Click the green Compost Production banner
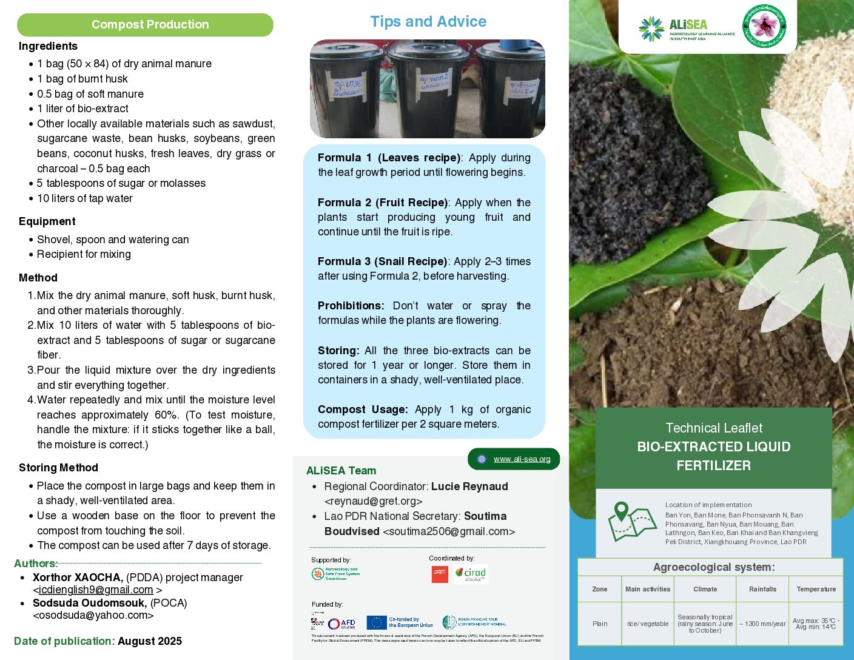pyautogui.click(x=145, y=25)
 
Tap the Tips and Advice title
pyautogui.click(x=428, y=22)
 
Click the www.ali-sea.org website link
pyautogui.click(x=522, y=459)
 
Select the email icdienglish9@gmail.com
pyautogui.click(x=95, y=590)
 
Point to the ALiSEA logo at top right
pyautogui.click(x=686, y=29)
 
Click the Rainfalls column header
pyautogui.click(x=762, y=589)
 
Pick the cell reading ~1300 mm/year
pyautogui.click(x=762, y=624)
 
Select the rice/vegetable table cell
pyautogui.click(x=647, y=624)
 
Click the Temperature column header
pyautogui.click(x=816, y=589)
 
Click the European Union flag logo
pyautogui.click(x=377, y=622)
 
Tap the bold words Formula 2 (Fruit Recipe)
pyautogui.click(x=383, y=203)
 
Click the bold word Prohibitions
pyautogui.click(x=351, y=306)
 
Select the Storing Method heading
pyautogui.click(x=58, y=468)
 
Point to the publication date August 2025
pyautogui.click(x=150, y=641)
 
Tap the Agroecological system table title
pyautogui.click(x=713, y=567)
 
